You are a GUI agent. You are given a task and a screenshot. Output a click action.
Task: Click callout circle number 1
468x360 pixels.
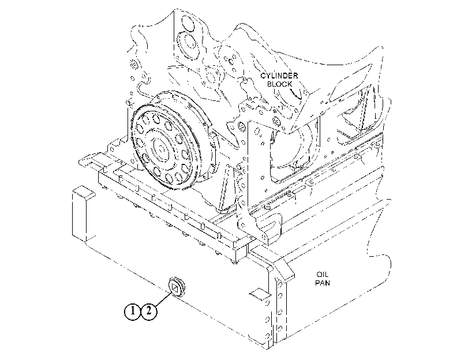(x=132, y=312)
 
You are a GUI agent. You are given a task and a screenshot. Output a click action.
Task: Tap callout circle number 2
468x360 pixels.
(x=149, y=312)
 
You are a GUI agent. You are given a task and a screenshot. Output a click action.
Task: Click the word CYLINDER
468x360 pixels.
(x=279, y=76)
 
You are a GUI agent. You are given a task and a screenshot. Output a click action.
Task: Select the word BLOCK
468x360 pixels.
(x=279, y=84)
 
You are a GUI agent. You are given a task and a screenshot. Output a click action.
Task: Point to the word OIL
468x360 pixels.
(x=323, y=274)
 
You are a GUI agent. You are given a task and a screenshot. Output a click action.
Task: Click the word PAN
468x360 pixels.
(x=323, y=282)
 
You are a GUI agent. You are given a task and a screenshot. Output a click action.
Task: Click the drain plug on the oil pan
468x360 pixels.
(x=177, y=287)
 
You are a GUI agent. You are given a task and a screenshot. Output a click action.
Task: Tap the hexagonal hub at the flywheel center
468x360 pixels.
(x=162, y=148)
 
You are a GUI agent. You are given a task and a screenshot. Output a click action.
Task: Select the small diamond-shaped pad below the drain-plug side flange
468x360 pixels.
(x=260, y=293)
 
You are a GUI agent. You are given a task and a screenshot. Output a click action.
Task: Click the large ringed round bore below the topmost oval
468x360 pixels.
(x=187, y=45)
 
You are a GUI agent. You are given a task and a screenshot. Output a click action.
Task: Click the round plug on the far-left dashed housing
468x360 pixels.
(x=133, y=65)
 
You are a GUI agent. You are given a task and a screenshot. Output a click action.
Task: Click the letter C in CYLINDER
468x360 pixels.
(x=263, y=76)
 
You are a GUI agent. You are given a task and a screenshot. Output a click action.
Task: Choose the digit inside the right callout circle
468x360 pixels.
(x=149, y=312)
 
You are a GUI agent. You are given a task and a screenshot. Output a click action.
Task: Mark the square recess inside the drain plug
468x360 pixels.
(x=175, y=288)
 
